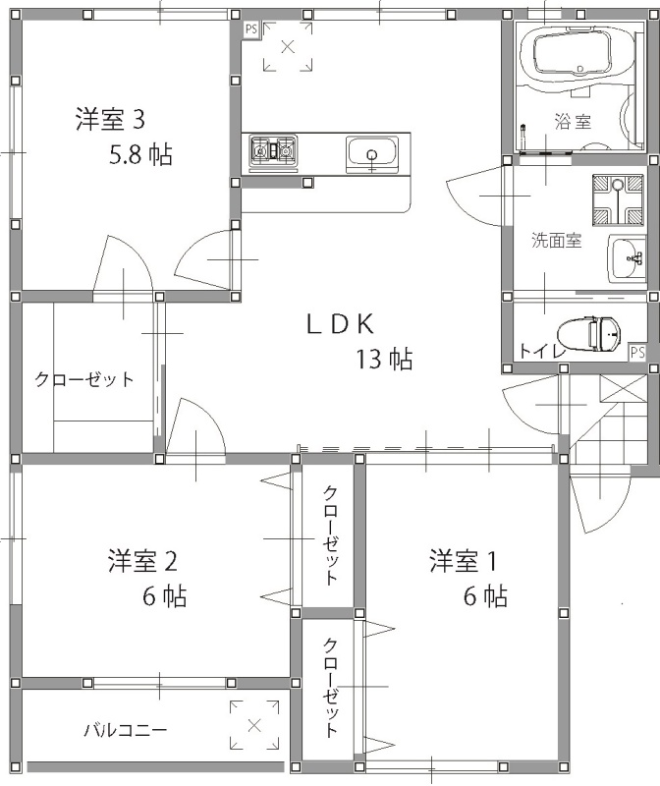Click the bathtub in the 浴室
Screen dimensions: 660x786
pos(574,56)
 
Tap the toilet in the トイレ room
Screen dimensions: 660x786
pos(589,334)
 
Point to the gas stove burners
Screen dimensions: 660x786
pos(274,150)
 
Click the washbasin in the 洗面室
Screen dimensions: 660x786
pos(627,259)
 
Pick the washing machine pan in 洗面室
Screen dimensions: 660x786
pos(618,199)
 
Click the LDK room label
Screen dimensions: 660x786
pos(340,324)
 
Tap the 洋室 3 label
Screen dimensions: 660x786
pos(110,120)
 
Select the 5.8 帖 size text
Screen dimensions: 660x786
pos(140,155)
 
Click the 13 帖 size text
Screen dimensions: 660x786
pos(384,359)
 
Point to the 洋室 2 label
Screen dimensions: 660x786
pos(142,561)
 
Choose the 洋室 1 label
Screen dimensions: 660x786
pos(463,561)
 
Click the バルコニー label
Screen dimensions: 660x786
pos(126,730)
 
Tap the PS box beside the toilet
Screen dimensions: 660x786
pos(637,353)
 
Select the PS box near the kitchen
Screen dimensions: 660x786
pos(250,29)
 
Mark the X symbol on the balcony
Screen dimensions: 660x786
pos(254,725)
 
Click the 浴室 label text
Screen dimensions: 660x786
pos(573,122)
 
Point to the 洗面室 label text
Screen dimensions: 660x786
pos(557,241)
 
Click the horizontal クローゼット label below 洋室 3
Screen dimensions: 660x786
pos(84,379)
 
